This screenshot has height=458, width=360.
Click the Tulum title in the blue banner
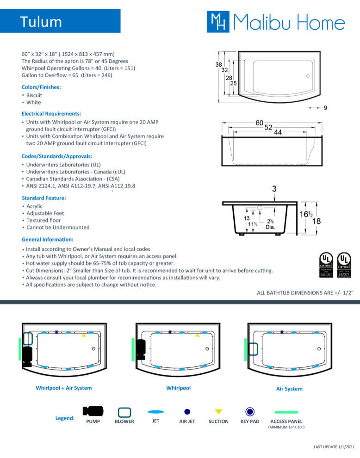(x=41, y=22)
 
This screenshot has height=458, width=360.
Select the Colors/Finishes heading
(x=41, y=87)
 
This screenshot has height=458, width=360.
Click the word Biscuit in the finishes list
(x=34, y=95)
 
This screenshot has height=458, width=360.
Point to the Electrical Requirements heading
(x=51, y=113)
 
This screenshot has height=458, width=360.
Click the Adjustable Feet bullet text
(x=43, y=213)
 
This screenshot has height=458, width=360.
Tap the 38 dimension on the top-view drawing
(x=218, y=65)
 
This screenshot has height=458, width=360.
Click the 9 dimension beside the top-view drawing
(x=325, y=108)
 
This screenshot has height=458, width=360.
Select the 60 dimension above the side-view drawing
(x=260, y=123)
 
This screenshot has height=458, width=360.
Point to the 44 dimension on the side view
(x=278, y=132)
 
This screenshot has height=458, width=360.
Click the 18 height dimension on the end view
(x=317, y=221)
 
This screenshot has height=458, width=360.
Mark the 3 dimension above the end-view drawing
(x=274, y=189)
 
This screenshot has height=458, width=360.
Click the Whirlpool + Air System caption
(x=64, y=388)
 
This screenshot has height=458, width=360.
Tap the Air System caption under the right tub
(x=289, y=389)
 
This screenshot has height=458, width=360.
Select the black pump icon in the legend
(x=93, y=411)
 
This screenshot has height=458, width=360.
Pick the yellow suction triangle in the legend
(x=218, y=411)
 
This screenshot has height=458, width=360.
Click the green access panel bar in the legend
(x=286, y=412)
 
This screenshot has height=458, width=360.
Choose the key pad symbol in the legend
(x=250, y=411)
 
